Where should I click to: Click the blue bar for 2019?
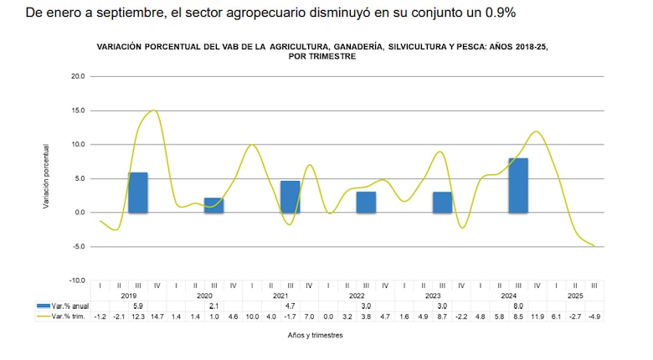pyautogui.click(x=138, y=193)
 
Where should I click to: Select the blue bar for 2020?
pyautogui.click(x=214, y=205)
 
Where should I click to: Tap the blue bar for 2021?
pyautogui.click(x=291, y=197)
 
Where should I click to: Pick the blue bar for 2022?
pyautogui.click(x=366, y=202)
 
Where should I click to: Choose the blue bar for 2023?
pyautogui.click(x=442, y=202)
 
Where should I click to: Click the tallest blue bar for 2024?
pyautogui.click(x=518, y=185)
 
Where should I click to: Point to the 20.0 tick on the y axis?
pyautogui.click(x=77, y=76)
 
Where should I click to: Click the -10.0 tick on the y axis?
pyautogui.click(x=75, y=280)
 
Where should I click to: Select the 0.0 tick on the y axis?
pyautogui.click(x=79, y=213)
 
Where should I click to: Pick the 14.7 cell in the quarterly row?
pyautogui.click(x=157, y=316)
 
